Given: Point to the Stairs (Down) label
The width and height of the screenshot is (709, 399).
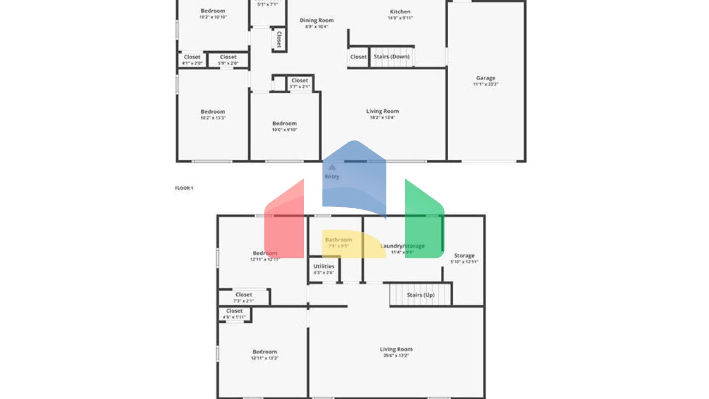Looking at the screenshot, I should [391, 57].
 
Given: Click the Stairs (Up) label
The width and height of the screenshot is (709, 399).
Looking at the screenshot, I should [421, 295].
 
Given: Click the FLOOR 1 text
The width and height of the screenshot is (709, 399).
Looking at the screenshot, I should [184, 188].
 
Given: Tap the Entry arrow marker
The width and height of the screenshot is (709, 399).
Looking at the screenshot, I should [332, 167].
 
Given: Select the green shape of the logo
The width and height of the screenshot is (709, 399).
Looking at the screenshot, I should [424, 222].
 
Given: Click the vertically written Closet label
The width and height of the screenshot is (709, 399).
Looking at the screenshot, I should [279, 39].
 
